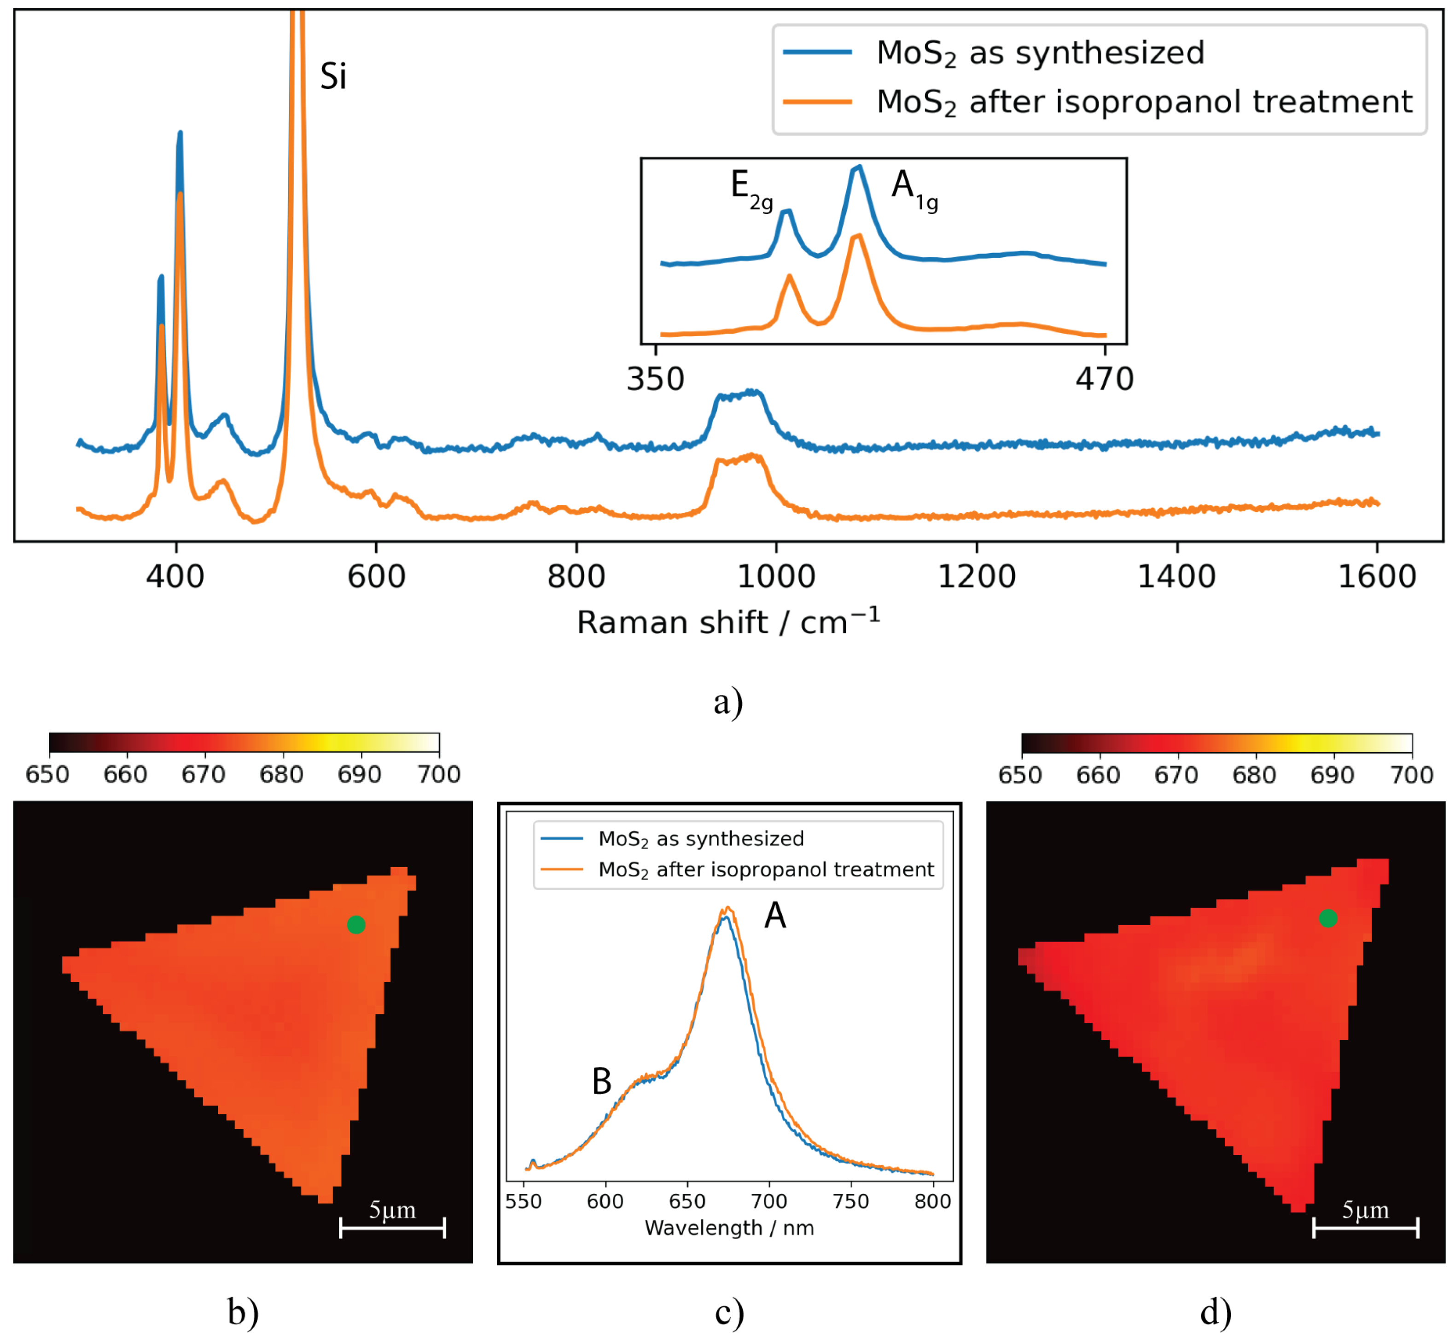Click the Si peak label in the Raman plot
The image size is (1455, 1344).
click(333, 76)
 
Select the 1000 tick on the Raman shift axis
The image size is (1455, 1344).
click(776, 577)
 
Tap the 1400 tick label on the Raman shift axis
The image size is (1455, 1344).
click(1176, 577)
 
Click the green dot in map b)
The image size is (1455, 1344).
click(356, 925)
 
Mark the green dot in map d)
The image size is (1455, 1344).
click(1328, 919)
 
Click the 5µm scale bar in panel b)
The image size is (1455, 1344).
click(392, 1228)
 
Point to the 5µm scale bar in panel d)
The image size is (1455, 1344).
click(1366, 1228)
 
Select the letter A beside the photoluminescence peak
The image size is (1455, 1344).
click(775, 915)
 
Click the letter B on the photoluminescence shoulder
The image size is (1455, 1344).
click(602, 1082)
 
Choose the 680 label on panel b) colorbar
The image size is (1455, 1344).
click(281, 775)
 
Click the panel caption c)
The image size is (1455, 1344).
click(729, 1313)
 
